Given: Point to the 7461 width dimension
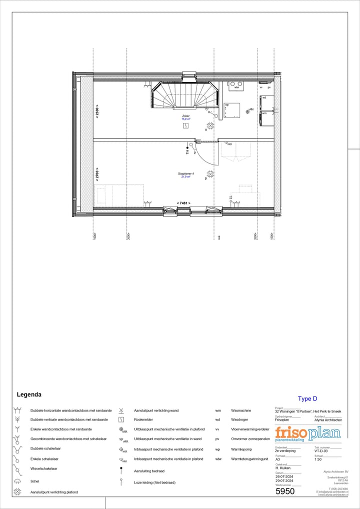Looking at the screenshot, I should tap(183, 203).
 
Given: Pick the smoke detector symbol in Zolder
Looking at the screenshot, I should tap(186, 126).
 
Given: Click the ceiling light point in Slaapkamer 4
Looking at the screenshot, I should tap(210, 174).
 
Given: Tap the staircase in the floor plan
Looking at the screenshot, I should tap(185, 95).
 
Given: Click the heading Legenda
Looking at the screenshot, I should tap(29, 394).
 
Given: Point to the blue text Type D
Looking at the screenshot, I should tap(307, 398).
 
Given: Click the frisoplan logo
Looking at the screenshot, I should tap(307, 433).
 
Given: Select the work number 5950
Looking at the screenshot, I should tap(285, 491).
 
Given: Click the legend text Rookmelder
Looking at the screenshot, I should tap(143, 419).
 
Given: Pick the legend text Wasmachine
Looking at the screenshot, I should tap(241, 410).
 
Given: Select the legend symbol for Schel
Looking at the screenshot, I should tap(17, 481).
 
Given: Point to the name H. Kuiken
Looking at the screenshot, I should tap(284, 468).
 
